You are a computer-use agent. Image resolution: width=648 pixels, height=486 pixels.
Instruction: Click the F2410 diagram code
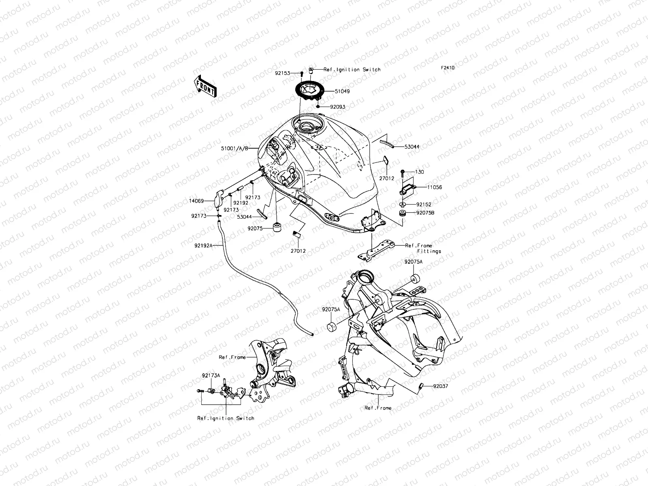click(448, 68)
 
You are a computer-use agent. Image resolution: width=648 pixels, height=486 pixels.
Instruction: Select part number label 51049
click(342, 92)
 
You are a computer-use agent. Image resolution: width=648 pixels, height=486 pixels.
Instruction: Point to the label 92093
click(337, 107)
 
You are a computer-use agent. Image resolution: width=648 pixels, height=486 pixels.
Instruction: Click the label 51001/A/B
click(234, 149)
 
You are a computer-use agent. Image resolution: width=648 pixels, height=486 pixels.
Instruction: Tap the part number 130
click(420, 172)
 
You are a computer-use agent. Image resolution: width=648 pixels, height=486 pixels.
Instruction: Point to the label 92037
click(440, 386)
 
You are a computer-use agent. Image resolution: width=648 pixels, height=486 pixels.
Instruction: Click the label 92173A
click(211, 375)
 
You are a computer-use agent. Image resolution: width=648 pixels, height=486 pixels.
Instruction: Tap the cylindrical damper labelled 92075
click(278, 228)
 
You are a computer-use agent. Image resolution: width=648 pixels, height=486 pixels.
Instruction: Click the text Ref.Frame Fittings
click(423, 248)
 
